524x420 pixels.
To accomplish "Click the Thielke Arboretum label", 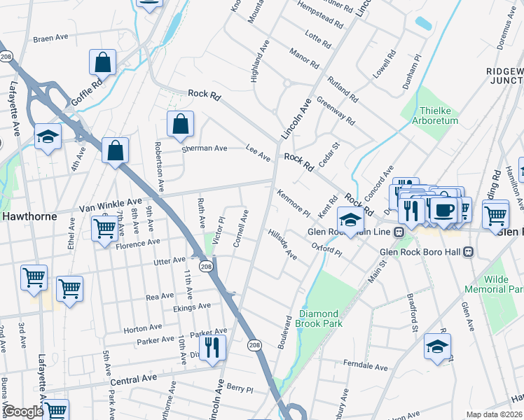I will (x=439, y=115).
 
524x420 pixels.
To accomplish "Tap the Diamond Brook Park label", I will (x=319, y=318).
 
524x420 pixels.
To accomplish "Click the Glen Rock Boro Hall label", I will (x=421, y=251).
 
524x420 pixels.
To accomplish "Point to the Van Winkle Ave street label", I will (x=110, y=204).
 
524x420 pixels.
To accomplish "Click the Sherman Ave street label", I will (x=205, y=148).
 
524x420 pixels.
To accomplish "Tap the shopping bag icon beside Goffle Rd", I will (x=103, y=62).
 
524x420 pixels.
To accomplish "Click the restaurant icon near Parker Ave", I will (x=212, y=346).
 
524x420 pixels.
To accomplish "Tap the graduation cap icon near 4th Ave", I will (x=48, y=136).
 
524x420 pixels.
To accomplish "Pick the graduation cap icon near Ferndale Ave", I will (x=437, y=346).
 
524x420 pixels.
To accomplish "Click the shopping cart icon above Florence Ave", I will (x=104, y=227).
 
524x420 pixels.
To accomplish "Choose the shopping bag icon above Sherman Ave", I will (x=180, y=124).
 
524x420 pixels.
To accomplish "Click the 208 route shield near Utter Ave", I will (x=205, y=266).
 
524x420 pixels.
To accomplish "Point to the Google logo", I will (x=22, y=412).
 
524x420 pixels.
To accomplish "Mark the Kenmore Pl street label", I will (x=294, y=202).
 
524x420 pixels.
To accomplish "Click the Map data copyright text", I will (x=493, y=414).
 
